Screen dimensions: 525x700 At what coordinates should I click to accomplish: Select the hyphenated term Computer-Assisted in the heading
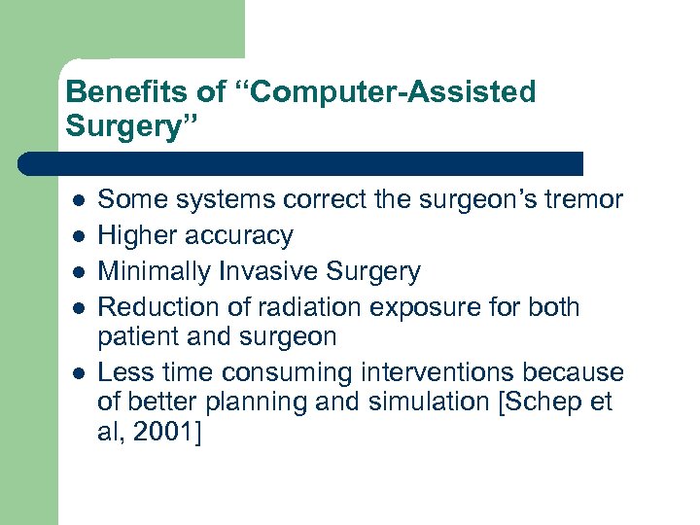[x=383, y=93]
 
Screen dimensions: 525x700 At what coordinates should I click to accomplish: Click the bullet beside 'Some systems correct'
[x=79, y=200]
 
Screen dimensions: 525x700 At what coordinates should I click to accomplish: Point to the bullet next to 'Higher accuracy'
[x=79, y=236]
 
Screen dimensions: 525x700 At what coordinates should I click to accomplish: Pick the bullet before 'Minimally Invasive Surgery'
[x=79, y=272]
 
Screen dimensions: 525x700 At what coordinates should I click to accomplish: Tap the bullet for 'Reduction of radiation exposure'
[x=79, y=308]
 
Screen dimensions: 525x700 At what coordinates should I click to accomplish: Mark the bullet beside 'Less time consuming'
[x=79, y=373]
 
